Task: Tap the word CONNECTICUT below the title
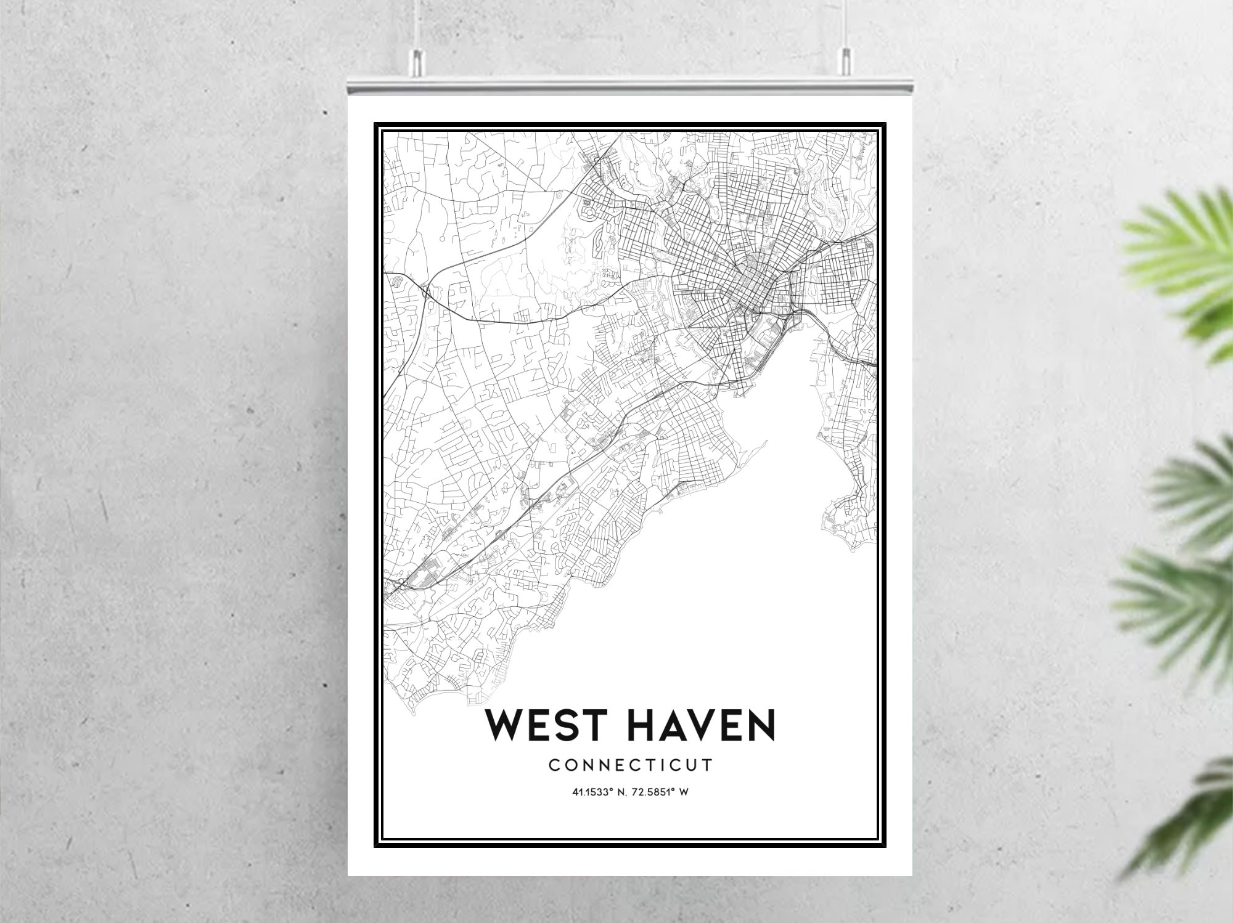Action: point(630,765)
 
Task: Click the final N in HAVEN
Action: point(762,725)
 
